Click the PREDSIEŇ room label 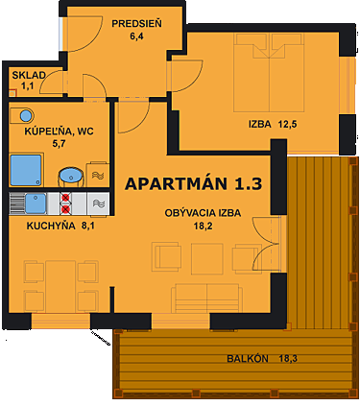point(135,22)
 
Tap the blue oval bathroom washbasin point(70,176)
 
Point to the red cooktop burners point(65,203)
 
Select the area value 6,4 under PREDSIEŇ point(135,37)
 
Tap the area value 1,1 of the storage point(27,86)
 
